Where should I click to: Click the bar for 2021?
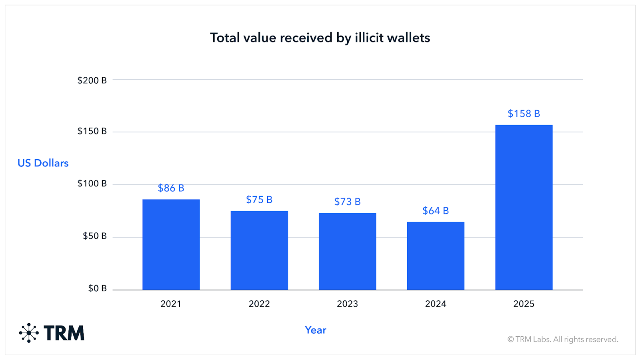coord(171,244)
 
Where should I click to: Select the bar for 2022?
coord(259,250)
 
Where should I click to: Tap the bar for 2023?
coord(347,251)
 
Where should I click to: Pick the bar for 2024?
coord(436,256)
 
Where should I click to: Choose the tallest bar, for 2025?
coord(524,207)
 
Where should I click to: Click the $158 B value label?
coord(524,114)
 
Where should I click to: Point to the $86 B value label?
coord(171,188)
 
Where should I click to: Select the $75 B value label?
coord(259,200)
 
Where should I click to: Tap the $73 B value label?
coord(347,202)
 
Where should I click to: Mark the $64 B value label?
coord(436,211)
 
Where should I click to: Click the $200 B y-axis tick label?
coord(92,80)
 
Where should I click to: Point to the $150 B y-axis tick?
coord(92,131)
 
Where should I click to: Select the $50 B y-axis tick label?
coord(94,236)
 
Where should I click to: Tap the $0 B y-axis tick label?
coord(97,288)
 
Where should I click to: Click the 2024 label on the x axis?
coord(436,304)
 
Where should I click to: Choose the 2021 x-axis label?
coord(171,304)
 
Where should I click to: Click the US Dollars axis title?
coord(43,163)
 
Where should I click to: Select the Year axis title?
coord(315,330)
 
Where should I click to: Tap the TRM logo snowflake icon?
coord(29,333)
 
